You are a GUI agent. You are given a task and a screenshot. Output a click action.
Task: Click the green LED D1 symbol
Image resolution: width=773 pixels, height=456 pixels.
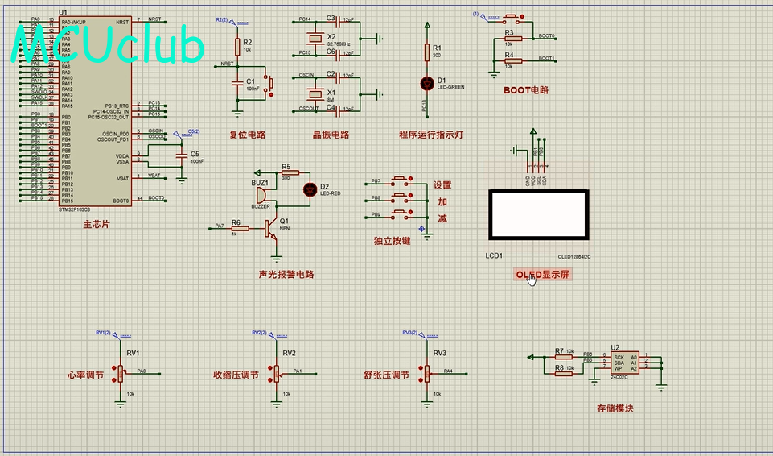(426, 82)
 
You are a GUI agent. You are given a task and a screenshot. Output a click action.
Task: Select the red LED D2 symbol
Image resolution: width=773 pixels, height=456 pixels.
(309, 189)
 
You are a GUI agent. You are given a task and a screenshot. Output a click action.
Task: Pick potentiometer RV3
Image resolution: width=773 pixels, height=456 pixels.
(426, 372)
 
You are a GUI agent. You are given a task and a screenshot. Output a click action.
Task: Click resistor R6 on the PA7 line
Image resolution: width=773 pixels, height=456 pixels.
(240, 228)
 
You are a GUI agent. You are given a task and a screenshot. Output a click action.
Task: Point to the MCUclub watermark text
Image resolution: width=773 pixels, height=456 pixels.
(109, 46)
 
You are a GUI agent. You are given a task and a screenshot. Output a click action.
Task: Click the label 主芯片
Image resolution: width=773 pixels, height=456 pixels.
(96, 225)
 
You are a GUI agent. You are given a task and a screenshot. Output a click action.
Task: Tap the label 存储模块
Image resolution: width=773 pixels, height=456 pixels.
(615, 408)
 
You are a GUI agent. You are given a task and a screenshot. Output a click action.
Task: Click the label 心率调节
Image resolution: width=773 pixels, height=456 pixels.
(85, 375)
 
